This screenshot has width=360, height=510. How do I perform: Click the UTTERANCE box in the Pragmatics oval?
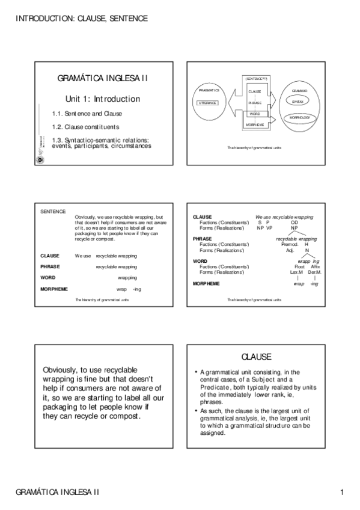(207, 103)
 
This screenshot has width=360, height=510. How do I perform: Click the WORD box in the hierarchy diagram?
(255, 114)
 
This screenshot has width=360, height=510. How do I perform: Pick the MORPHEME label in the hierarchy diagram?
(255, 124)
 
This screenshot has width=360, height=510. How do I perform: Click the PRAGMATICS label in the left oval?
(208, 90)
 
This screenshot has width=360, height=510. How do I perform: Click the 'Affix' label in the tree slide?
(316, 266)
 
